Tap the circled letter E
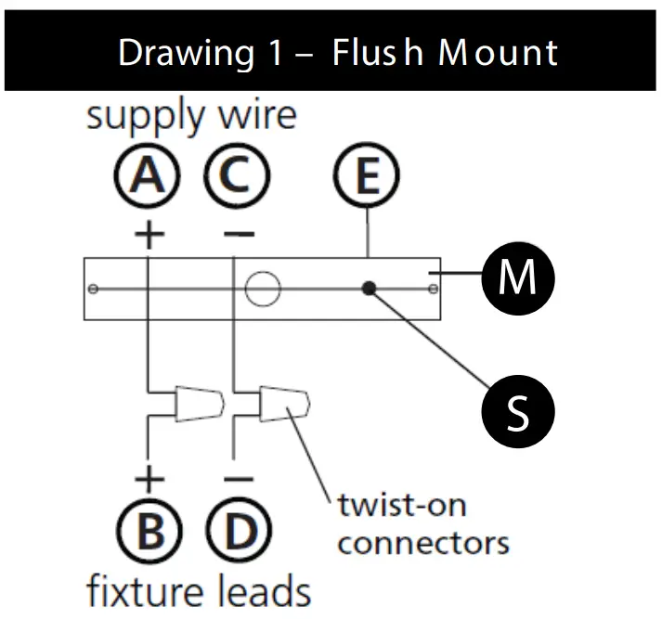tap(368, 176)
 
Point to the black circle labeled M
tap(517, 277)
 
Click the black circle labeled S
tap(517, 410)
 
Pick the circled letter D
tap(239, 532)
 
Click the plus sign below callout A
tap(149, 232)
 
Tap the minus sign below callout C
tap(239, 233)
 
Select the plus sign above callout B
tap(149, 479)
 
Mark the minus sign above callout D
tap(239, 480)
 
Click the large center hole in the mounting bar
tap(262, 289)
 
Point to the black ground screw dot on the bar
tap(370, 289)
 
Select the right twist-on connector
tap(287, 403)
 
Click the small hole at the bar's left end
tap(92, 290)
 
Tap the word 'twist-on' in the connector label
tap(401, 506)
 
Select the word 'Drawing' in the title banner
tap(186, 53)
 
